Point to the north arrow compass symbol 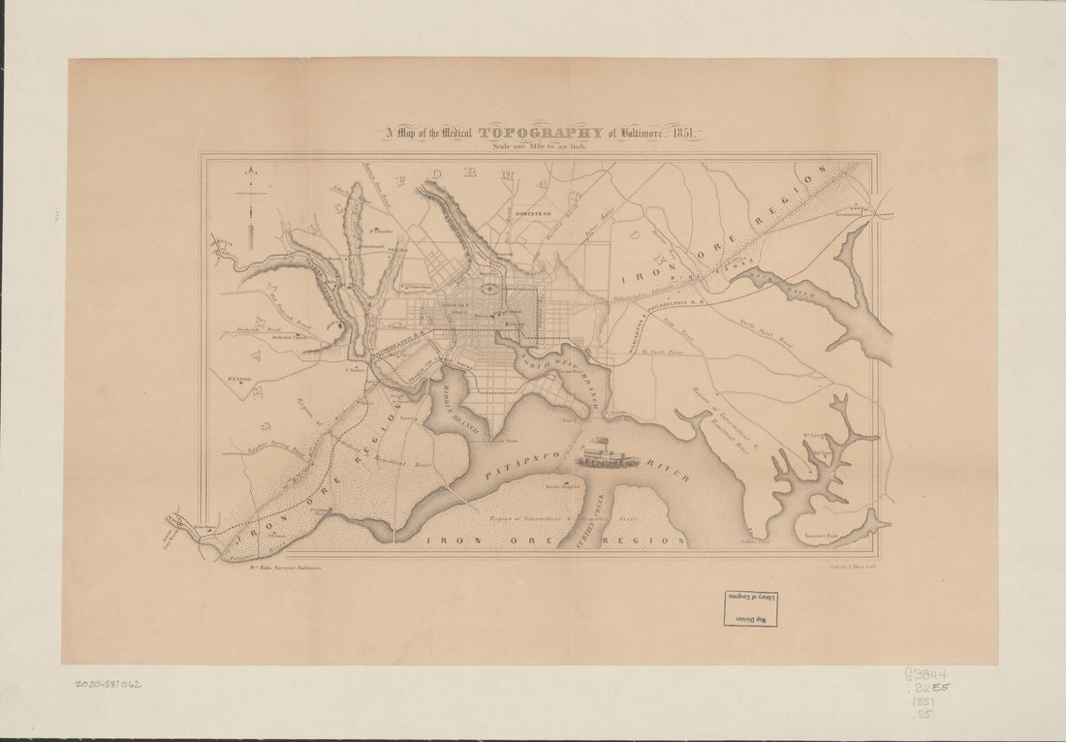coord(250,203)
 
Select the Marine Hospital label coord(561,485)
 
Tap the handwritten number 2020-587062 coord(107,684)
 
